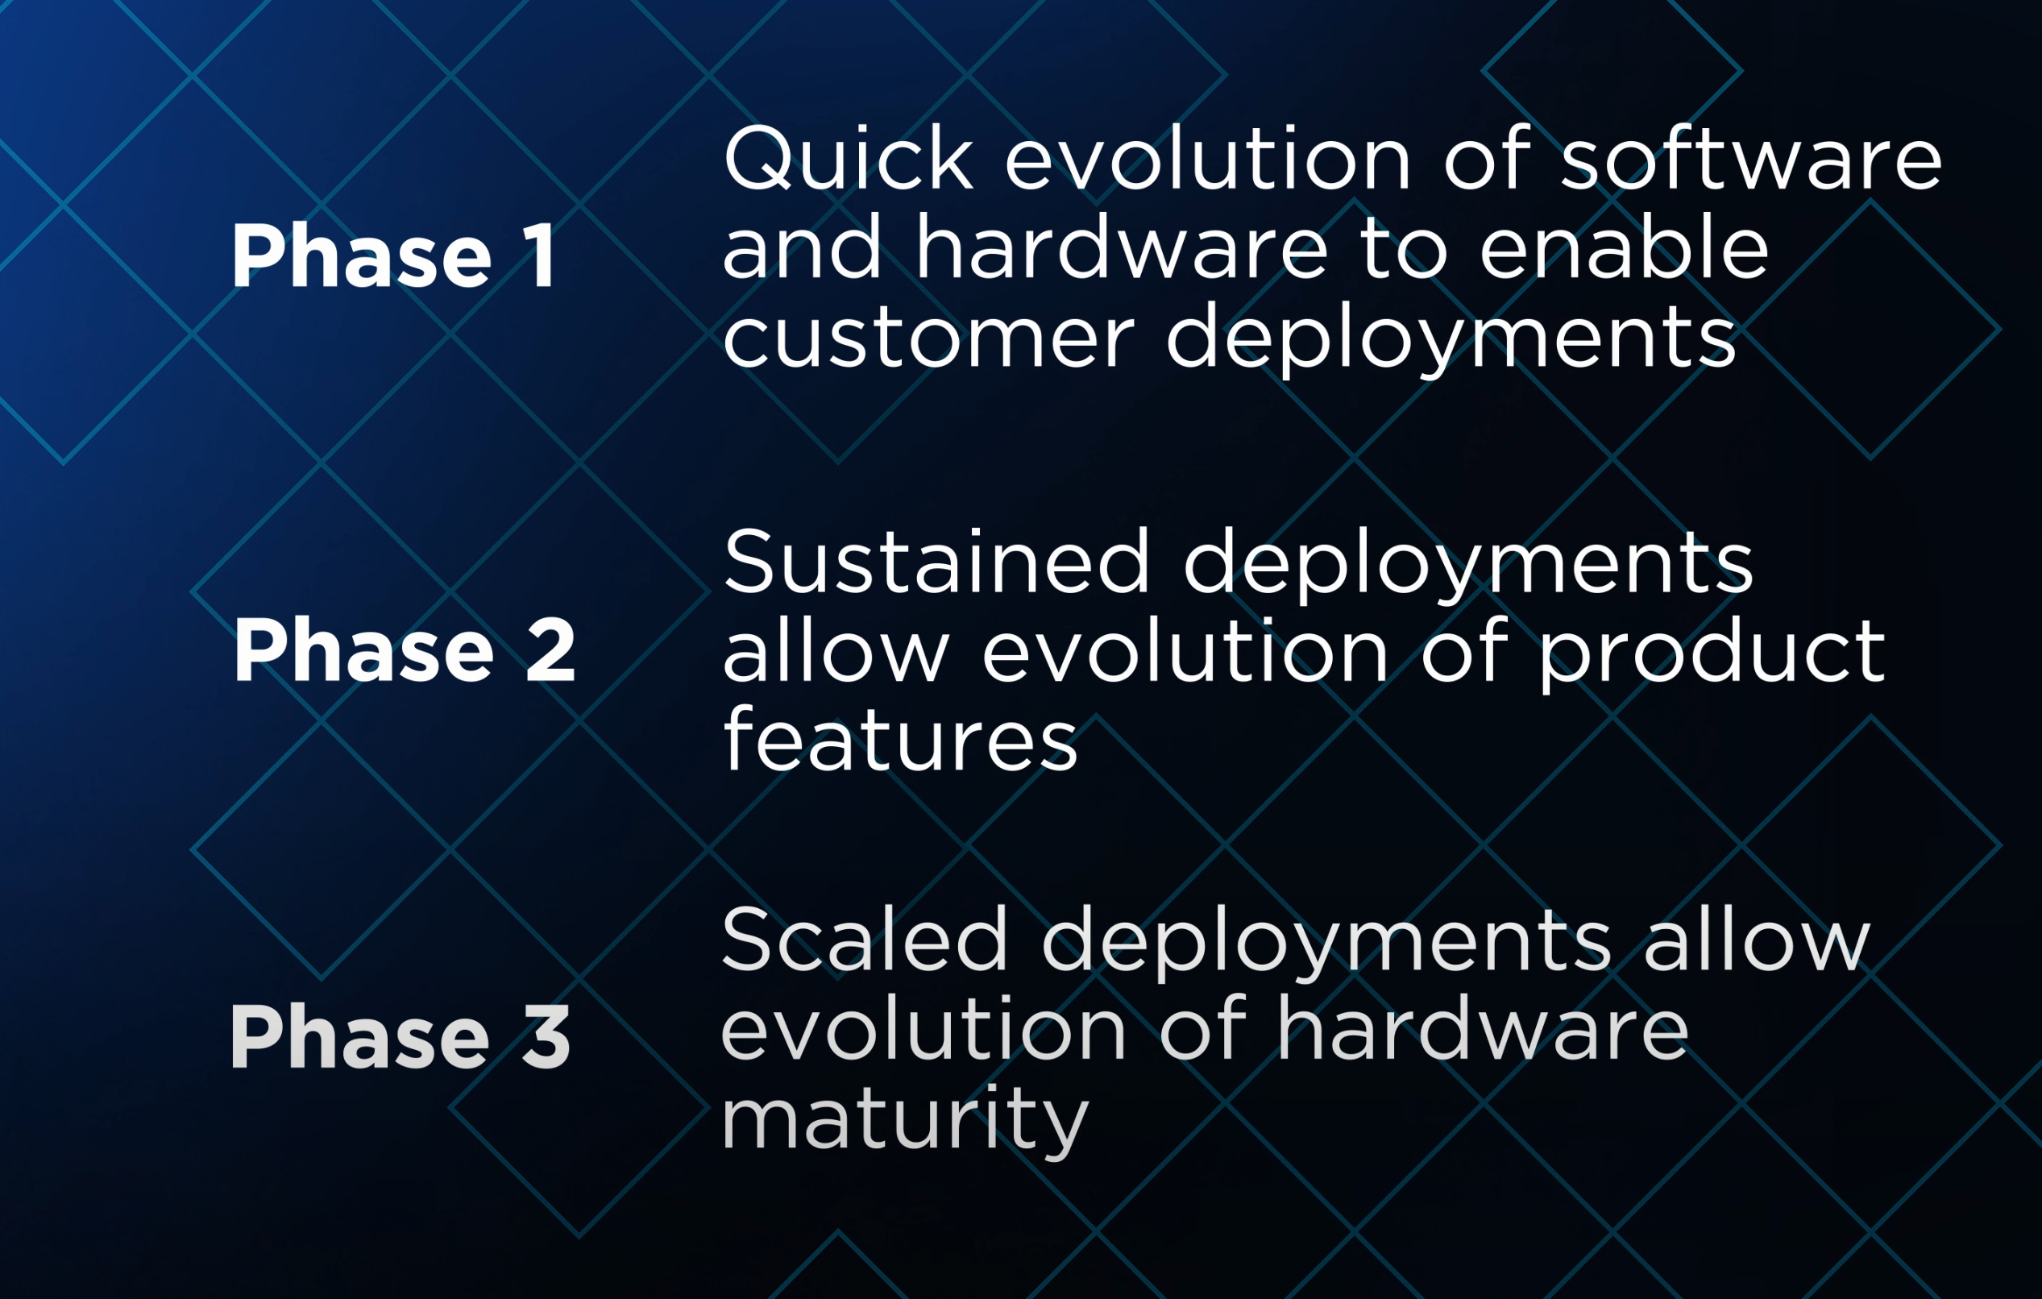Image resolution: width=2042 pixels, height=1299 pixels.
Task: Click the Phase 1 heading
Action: [x=393, y=255]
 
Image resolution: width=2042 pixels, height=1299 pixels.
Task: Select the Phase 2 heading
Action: [x=405, y=649]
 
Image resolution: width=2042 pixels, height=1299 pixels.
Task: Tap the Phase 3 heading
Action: [x=401, y=1035]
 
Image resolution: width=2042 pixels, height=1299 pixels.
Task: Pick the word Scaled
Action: [x=864, y=940]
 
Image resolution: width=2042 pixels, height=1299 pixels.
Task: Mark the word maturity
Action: [x=905, y=1118]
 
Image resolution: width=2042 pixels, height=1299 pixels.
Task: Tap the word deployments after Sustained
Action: [x=1468, y=566]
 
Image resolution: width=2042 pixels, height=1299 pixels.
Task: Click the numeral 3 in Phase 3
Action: [x=546, y=1035]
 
